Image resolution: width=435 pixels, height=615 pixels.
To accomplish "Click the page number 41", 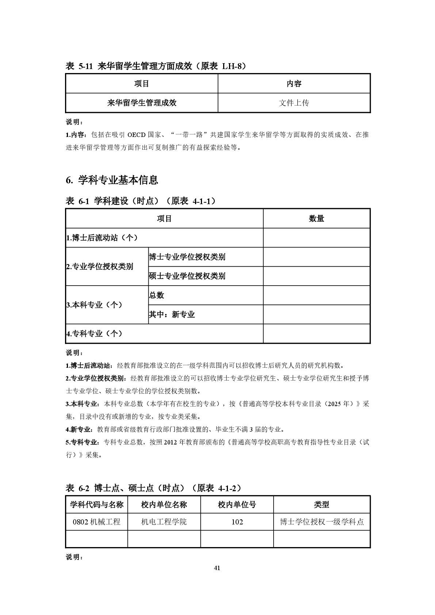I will tap(217, 568).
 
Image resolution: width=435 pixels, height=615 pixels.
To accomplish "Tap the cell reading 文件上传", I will tap(294, 103).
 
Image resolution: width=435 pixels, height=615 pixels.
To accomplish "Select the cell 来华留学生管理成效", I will tap(142, 103).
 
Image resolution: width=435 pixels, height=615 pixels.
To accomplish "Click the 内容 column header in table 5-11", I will tap(294, 84).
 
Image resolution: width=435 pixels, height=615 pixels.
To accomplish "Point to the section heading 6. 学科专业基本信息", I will tap(112, 180).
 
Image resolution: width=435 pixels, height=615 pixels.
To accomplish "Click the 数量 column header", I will tap(316, 218).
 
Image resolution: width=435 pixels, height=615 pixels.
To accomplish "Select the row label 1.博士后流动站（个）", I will tap(102, 238).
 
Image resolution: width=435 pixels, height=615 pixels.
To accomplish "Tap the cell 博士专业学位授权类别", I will tap(187, 257).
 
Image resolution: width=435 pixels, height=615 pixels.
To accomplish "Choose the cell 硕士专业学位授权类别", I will tap(187, 276).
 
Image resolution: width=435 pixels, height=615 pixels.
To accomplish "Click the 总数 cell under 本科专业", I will tap(156, 295).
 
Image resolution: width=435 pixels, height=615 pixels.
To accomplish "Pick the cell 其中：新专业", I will tap(172, 314).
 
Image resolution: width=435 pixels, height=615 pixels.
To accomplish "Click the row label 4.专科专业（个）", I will tap(95, 333).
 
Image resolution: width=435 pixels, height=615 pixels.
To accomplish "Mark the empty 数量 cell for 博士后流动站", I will tap(316, 238).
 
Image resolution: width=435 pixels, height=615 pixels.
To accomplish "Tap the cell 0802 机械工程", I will tap(97, 522).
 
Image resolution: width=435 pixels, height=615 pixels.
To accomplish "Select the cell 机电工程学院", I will tap(164, 522).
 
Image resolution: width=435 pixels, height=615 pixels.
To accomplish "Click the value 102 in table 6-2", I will tap(237, 522).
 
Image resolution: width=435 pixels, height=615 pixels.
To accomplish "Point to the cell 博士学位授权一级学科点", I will tap(322, 522).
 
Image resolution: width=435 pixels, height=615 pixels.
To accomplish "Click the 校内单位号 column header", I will tap(237, 505).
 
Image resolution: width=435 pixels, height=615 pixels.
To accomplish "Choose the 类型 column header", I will tap(322, 505).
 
